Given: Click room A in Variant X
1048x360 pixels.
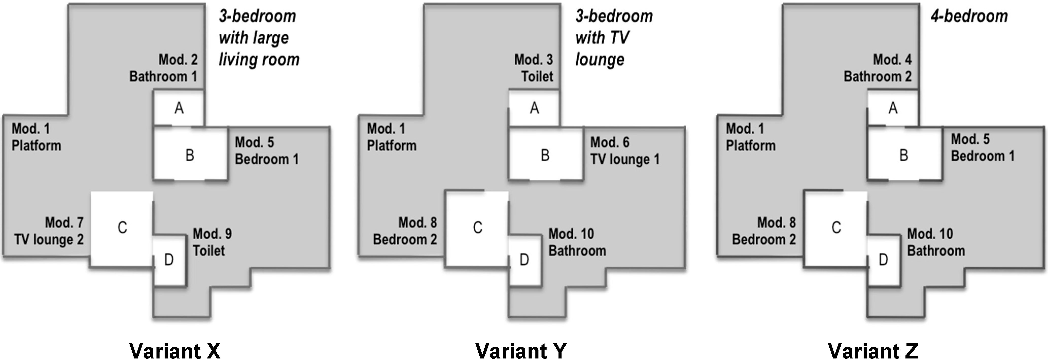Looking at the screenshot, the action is coord(179,108).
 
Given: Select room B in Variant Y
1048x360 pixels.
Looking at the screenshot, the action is coord(545,155).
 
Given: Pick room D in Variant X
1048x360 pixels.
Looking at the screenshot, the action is coord(169,260).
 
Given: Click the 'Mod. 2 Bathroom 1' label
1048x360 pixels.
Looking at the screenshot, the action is coord(164,68).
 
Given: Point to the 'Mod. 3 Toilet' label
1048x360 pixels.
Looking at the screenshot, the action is coord(534,68).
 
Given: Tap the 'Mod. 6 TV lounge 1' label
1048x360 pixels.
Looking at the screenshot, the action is coord(624,151).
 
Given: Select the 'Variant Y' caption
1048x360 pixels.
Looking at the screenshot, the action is coord(521,350).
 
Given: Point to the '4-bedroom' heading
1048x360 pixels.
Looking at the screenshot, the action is coord(969,16).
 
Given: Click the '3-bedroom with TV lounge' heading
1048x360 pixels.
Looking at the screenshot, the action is coord(614,38).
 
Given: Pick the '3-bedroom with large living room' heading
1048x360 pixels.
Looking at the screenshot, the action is coord(259,38).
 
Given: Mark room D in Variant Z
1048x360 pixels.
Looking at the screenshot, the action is coord(883,260).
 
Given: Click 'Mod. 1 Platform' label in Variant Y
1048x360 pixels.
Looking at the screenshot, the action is coord(391,137).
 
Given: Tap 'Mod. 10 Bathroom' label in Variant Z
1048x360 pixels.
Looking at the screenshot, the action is coord(936,242).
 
